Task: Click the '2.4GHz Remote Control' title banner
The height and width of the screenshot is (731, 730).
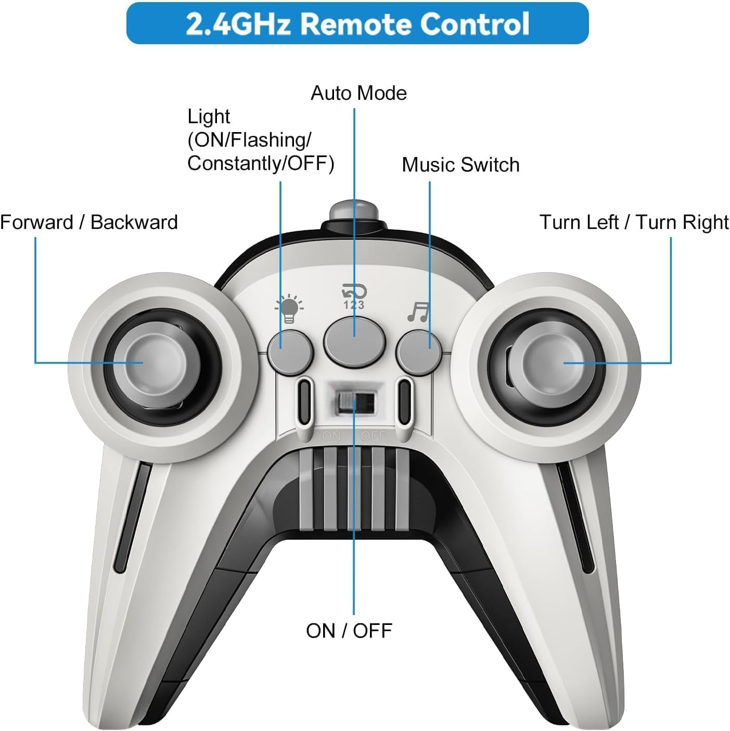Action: tap(357, 23)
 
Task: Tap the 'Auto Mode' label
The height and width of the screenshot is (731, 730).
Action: tap(358, 93)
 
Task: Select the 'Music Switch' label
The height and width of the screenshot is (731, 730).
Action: tap(460, 165)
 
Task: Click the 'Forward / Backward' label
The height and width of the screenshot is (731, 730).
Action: tap(89, 222)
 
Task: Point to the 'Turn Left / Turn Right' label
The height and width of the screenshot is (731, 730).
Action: tap(634, 223)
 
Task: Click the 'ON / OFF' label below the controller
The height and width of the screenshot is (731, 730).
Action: tap(349, 631)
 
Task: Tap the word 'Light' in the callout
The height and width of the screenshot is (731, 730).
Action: tap(209, 116)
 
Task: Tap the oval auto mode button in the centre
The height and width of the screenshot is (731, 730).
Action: tap(354, 343)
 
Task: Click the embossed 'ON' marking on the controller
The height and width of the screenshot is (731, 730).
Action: tap(331, 436)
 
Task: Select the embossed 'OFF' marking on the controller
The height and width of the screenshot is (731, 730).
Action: tap(373, 436)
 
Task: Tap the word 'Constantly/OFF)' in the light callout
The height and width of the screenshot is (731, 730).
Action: tap(261, 164)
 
